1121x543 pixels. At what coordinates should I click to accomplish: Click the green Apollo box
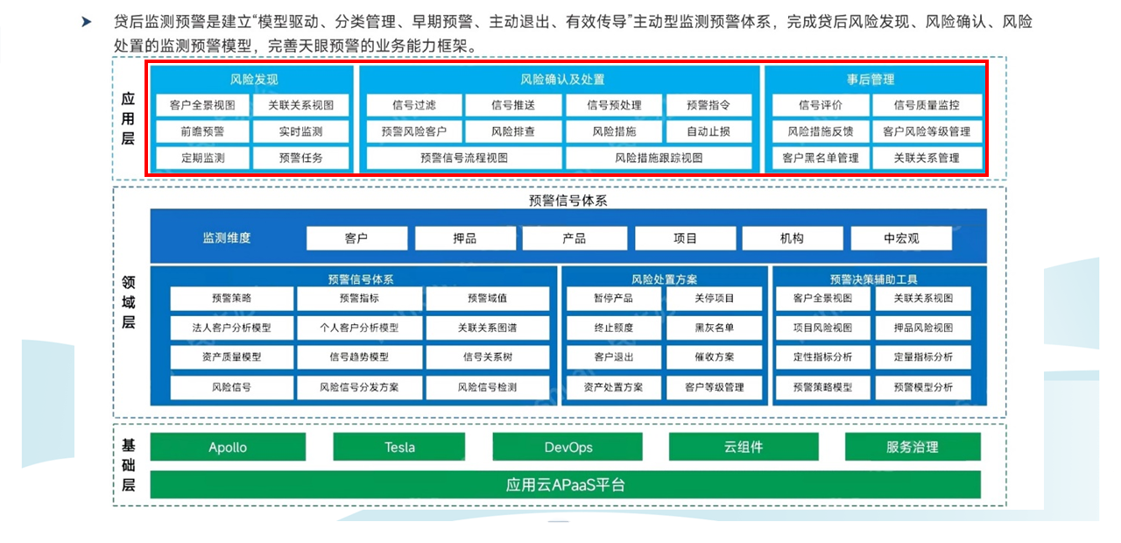pyautogui.click(x=228, y=447)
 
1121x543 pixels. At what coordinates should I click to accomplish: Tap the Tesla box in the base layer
pyautogui.click(x=398, y=447)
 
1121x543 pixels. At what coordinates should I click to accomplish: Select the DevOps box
pyautogui.click(x=568, y=447)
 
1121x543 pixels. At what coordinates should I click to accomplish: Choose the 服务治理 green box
pyautogui.click(x=913, y=447)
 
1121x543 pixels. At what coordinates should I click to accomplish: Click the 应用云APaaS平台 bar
pyautogui.click(x=566, y=484)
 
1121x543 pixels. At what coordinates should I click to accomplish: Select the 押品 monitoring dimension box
pyautogui.click(x=465, y=238)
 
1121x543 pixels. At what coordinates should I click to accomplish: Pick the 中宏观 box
pyautogui.click(x=901, y=238)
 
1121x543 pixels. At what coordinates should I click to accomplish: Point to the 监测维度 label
pyautogui.click(x=226, y=237)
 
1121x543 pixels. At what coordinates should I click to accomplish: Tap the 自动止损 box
pyautogui.click(x=709, y=131)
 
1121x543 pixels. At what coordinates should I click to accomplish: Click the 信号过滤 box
pyautogui.click(x=414, y=105)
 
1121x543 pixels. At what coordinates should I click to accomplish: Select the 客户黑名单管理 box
pyautogui.click(x=821, y=159)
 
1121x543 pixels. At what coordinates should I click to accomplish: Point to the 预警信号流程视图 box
pyautogui.click(x=464, y=159)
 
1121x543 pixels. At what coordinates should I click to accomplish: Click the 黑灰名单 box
pyautogui.click(x=714, y=328)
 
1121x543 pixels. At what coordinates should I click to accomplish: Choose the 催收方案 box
pyautogui.click(x=714, y=356)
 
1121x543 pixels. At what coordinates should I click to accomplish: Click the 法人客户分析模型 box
pyautogui.click(x=232, y=328)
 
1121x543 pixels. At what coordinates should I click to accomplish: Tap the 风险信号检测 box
pyautogui.click(x=488, y=387)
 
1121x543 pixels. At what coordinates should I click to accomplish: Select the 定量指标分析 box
pyautogui.click(x=923, y=356)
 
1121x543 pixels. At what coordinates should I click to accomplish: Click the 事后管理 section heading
pyautogui.click(x=871, y=79)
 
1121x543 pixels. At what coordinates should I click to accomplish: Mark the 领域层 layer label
pyautogui.click(x=129, y=302)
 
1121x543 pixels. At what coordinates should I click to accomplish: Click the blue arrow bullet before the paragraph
pyautogui.click(x=87, y=22)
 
